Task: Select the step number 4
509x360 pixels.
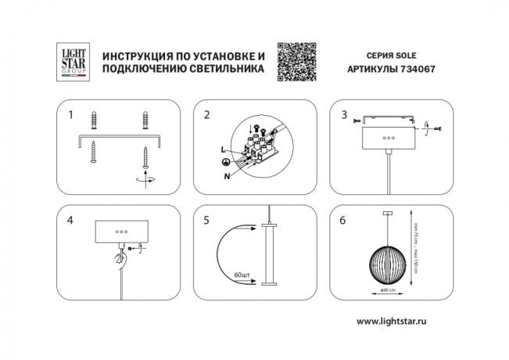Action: pyautogui.click(x=71, y=220)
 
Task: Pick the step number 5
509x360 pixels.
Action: pyautogui.click(x=206, y=220)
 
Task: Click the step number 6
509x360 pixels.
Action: pyautogui.click(x=344, y=220)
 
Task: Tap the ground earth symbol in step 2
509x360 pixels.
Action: pyautogui.click(x=224, y=160)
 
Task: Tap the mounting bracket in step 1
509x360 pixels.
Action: pyautogui.click(x=118, y=139)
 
